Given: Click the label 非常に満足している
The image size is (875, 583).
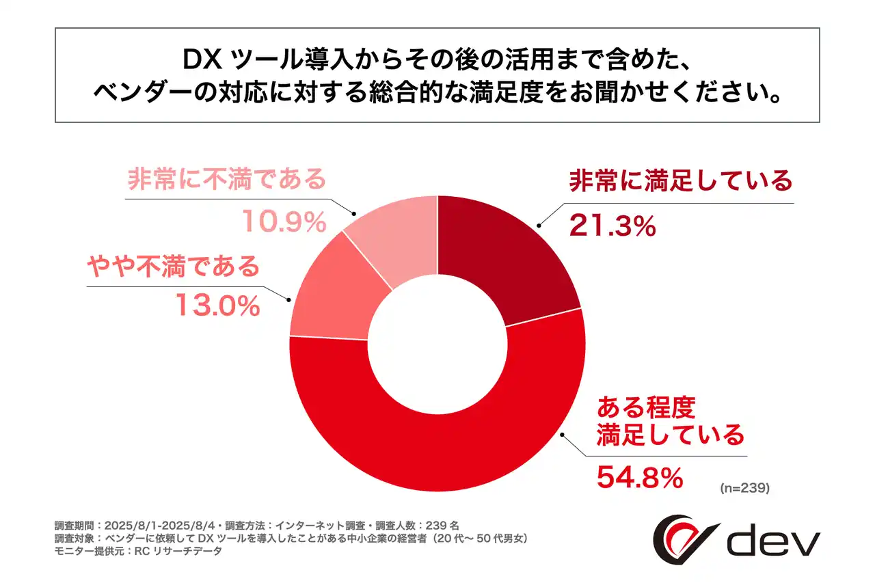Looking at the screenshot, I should [681, 182].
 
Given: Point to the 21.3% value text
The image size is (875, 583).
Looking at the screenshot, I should [612, 225].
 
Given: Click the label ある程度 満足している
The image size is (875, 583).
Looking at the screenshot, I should [669, 421].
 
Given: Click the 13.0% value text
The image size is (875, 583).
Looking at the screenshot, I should [218, 306].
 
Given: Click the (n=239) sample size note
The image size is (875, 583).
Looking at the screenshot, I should [745, 488].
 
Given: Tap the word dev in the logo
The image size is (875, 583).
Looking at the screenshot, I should [773, 543].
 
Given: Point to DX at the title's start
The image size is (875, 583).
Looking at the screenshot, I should [202, 60].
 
